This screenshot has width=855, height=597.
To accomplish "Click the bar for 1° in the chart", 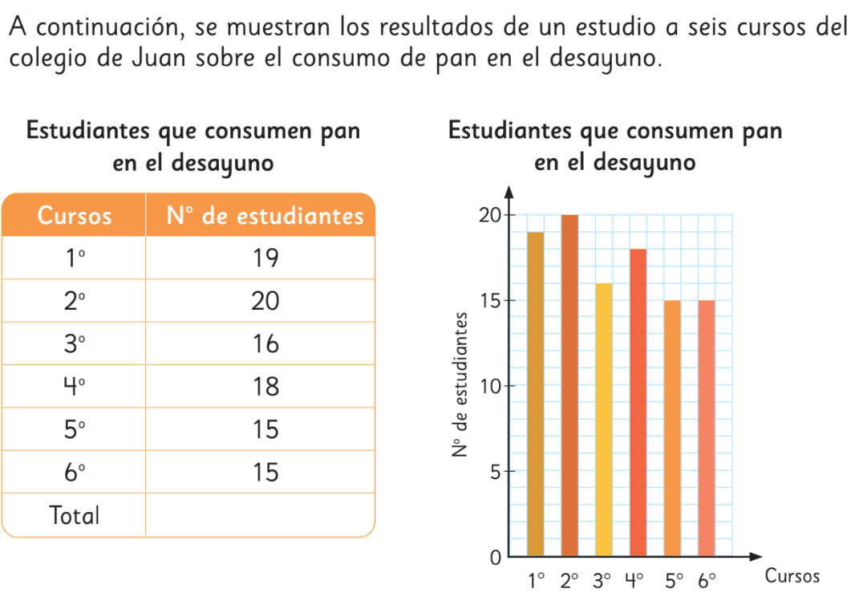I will [x=535, y=393].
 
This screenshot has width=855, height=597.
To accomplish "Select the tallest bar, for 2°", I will [x=569, y=385].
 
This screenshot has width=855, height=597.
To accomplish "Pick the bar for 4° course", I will [x=638, y=401].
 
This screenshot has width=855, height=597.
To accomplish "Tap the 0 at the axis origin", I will [x=494, y=556].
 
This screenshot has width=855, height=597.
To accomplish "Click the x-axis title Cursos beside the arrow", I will [x=792, y=576].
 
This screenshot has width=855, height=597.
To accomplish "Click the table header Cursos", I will [x=75, y=215].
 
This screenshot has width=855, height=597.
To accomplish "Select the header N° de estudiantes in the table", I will [x=265, y=215].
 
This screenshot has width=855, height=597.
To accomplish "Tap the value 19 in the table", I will [x=265, y=258].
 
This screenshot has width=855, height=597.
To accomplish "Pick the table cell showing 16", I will [x=265, y=344].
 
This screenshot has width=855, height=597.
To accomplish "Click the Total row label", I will [x=75, y=515].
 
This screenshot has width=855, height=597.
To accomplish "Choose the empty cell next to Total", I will [x=261, y=515].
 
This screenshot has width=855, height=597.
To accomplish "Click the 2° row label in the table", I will [x=75, y=301].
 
